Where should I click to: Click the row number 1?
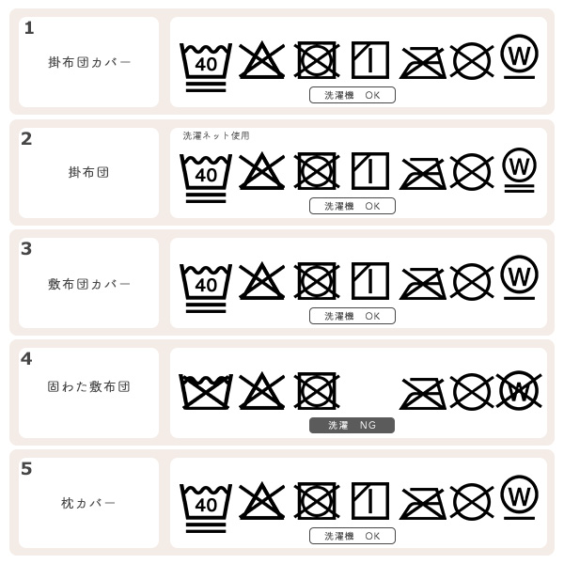tap(29, 28)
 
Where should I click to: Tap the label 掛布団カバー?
tap(89, 62)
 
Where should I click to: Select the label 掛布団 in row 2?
tap(89, 173)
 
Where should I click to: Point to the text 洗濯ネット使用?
tap(216, 135)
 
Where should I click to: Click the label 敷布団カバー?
tap(89, 284)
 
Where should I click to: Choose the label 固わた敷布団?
tap(89, 386)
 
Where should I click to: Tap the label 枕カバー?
tap(89, 504)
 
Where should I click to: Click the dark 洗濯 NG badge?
tap(352, 425)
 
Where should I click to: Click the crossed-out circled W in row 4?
tap(518, 390)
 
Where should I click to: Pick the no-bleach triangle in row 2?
tap(261, 171)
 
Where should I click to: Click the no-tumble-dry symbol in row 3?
tap(317, 281)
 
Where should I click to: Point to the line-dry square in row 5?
tap(370, 501)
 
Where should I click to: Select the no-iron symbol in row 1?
tap(423, 62)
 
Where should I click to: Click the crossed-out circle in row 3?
tap(472, 281)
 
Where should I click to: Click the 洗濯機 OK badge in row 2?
tap(352, 206)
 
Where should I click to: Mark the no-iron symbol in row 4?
tap(423, 392)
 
